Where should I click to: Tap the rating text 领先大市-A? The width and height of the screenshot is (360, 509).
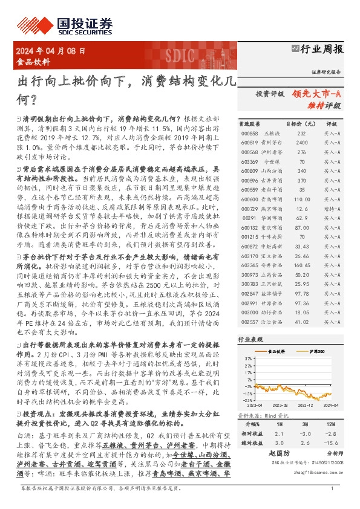(316, 94)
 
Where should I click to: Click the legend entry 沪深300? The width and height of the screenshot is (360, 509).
(316, 351)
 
